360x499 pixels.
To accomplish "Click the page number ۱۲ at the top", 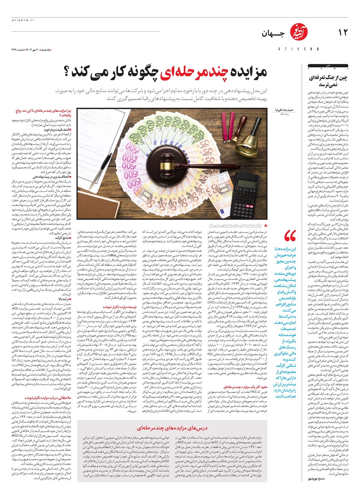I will [343, 33].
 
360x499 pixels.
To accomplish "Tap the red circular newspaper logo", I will [297, 34].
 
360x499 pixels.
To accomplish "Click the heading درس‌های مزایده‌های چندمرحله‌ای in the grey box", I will [172, 428].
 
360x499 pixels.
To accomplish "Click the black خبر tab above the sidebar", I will [328, 66].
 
